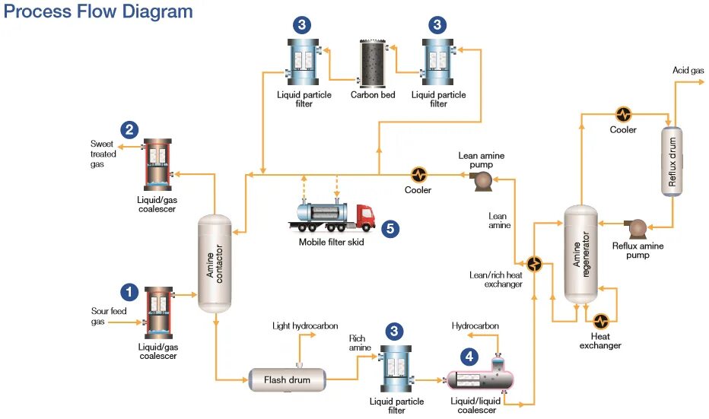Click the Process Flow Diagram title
(99, 12)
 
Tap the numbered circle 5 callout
(390, 227)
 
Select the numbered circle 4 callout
(469, 355)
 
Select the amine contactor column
(215, 262)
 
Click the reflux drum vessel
(672, 160)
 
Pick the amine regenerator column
(580, 252)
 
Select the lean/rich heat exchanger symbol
(535, 265)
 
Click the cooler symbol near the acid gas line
(624, 115)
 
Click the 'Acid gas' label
(688, 71)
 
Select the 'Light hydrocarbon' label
(305, 326)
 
